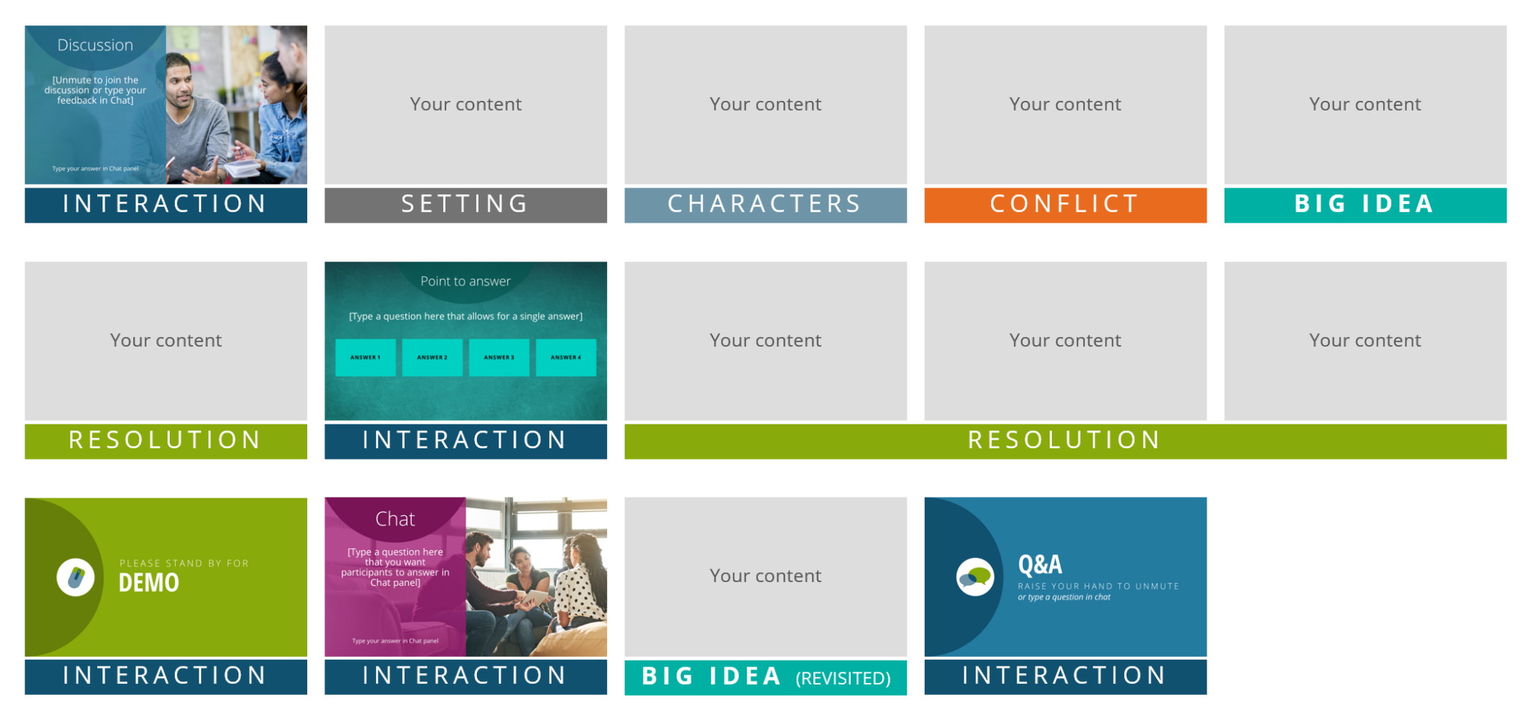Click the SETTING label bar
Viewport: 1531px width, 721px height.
tap(465, 204)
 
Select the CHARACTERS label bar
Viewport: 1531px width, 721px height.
tap(765, 204)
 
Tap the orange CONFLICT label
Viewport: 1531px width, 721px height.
tap(1065, 204)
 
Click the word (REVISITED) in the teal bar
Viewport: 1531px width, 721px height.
tap(843, 678)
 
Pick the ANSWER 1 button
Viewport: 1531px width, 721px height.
tap(366, 357)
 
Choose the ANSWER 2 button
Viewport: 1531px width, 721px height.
tap(432, 357)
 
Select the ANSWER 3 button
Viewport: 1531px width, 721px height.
tap(499, 357)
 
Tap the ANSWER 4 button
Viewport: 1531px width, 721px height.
tap(565, 357)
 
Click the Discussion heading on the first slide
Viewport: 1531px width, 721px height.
tap(95, 45)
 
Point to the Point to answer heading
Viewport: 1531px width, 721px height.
tap(465, 281)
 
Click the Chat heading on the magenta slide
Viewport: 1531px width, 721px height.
tap(395, 519)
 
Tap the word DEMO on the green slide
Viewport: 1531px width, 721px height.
tap(149, 583)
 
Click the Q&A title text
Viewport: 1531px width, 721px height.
tap(1040, 565)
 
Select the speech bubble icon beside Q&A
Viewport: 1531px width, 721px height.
tap(975, 577)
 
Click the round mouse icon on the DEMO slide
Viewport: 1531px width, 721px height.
tap(76, 577)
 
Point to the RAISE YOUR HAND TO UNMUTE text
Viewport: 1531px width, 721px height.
tap(1097, 587)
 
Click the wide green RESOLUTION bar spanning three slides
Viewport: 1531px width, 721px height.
tap(1065, 440)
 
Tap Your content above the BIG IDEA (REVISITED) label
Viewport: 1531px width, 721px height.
tap(765, 575)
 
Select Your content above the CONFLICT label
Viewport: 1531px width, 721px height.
tap(1065, 104)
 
